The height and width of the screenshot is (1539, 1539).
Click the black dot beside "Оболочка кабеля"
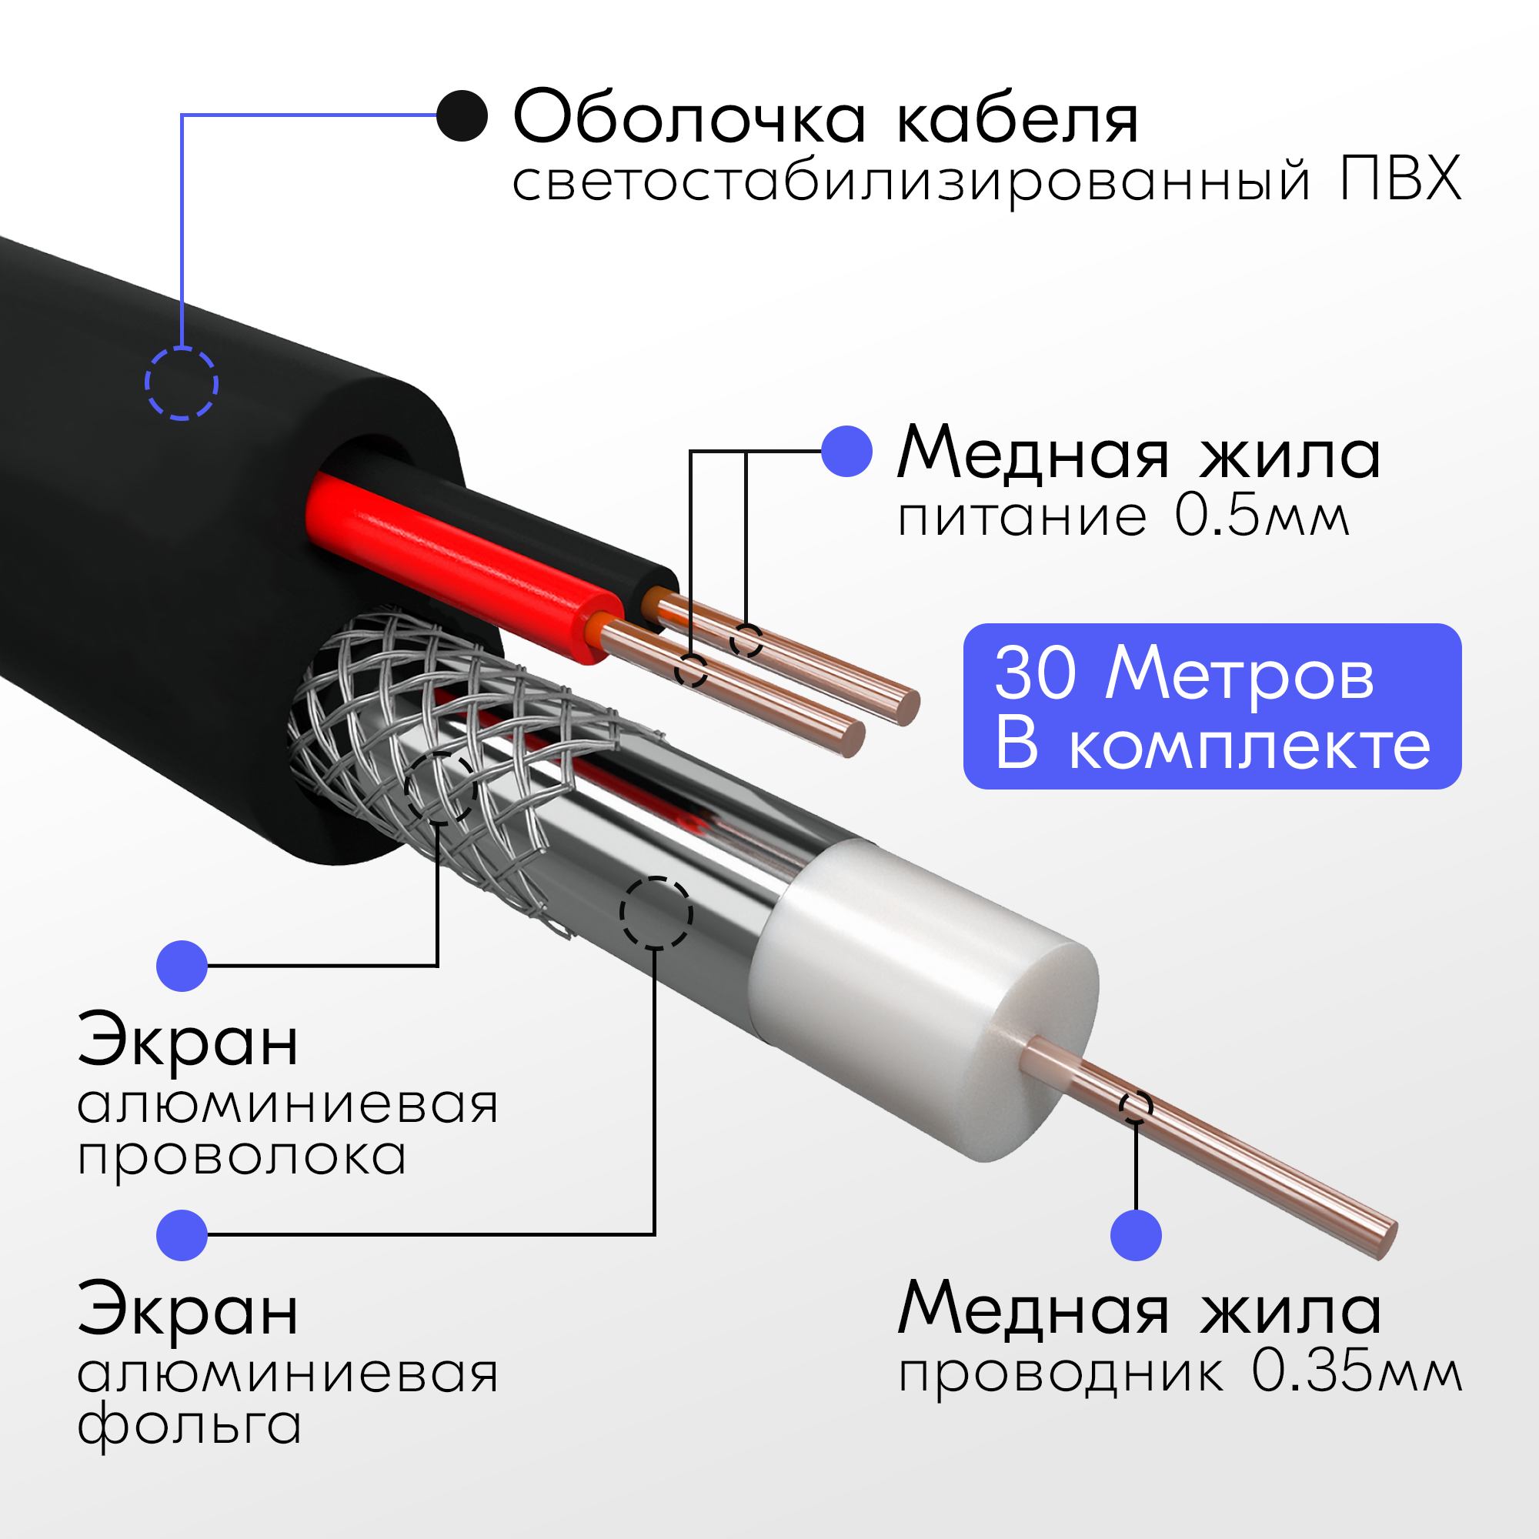[462, 115]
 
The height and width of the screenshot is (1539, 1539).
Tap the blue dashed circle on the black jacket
[182, 383]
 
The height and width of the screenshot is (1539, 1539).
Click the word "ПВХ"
[1400, 179]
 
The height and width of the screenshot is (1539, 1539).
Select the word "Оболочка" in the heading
[689, 118]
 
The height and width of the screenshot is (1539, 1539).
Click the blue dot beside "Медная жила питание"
[846, 452]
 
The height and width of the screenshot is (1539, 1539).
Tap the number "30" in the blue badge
[1036, 674]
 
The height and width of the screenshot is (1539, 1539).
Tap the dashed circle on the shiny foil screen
[656, 913]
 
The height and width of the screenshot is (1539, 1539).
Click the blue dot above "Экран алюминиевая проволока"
[182, 966]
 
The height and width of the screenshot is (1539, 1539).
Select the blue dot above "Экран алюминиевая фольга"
[182, 1235]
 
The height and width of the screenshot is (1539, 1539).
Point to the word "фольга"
[189, 1427]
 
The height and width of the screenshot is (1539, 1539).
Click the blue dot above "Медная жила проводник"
[1135, 1235]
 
